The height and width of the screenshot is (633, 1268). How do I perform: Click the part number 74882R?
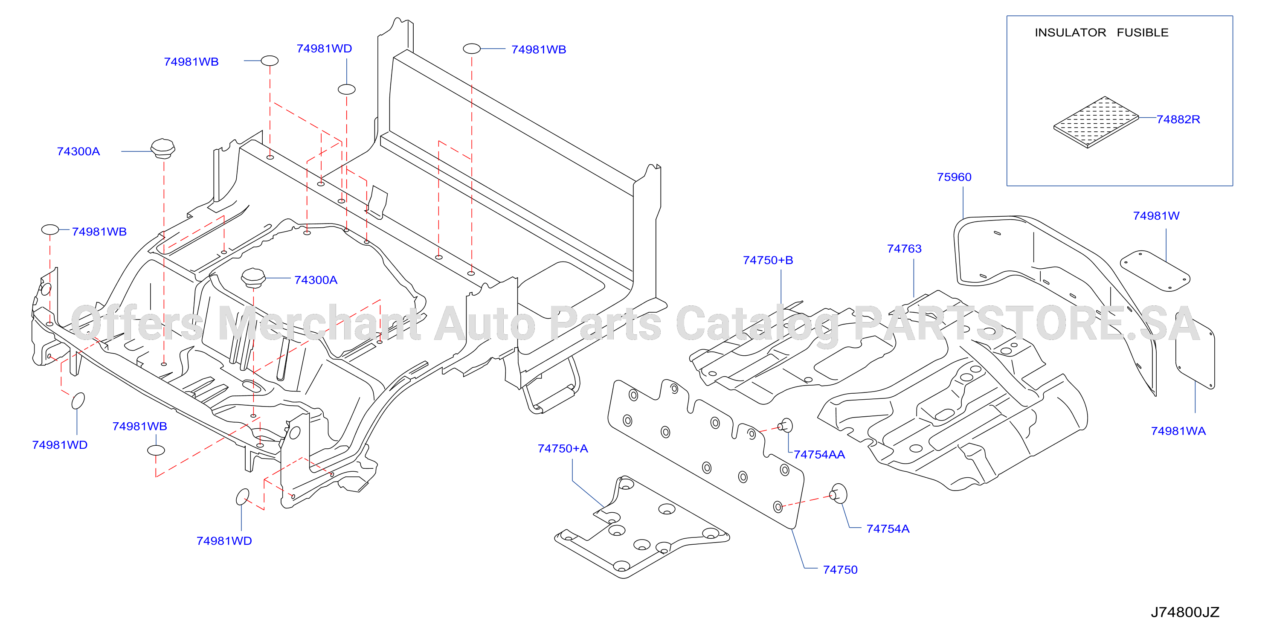(x=1178, y=119)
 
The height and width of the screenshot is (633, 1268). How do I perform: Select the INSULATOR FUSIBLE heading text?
(x=1101, y=32)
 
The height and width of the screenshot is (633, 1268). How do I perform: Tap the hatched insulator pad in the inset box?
(x=1096, y=122)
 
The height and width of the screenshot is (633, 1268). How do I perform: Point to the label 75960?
(x=954, y=177)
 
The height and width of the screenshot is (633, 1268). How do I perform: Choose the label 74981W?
(x=1156, y=215)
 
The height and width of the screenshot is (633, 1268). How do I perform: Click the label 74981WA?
(x=1178, y=431)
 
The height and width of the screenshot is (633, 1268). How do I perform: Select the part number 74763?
(x=904, y=249)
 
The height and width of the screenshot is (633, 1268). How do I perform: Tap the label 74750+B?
(x=768, y=260)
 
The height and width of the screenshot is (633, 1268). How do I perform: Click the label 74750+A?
(x=563, y=448)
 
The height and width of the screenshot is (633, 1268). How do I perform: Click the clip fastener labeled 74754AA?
(x=785, y=425)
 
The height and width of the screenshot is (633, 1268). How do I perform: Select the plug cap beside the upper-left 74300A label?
(x=162, y=148)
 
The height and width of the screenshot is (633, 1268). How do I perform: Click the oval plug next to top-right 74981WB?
(x=472, y=49)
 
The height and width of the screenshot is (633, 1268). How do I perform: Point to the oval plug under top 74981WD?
(x=346, y=89)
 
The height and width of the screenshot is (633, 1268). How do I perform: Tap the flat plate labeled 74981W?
(x=1155, y=271)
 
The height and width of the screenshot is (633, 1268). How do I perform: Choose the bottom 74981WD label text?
(x=224, y=541)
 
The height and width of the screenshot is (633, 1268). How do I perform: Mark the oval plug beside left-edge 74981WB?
(x=50, y=229)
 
